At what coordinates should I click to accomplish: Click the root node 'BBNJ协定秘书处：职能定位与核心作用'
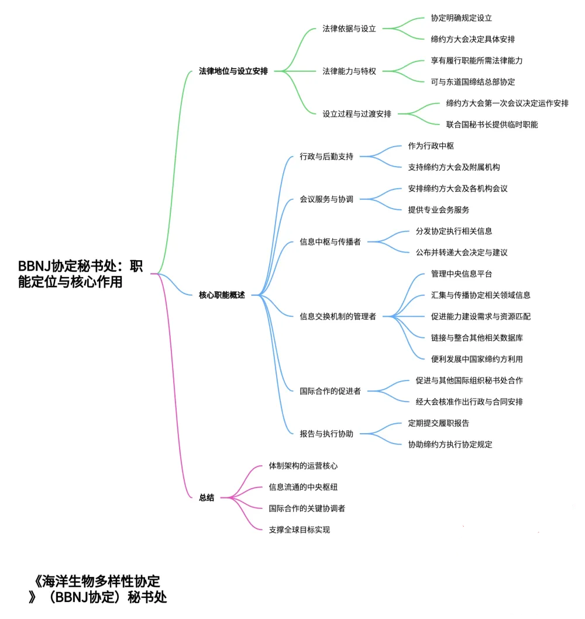[80, 274]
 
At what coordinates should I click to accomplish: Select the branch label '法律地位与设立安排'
[233, 71]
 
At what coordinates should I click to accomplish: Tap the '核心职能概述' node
[222, 295]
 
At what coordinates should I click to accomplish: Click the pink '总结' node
[207, 498]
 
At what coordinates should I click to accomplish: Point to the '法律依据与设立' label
[349, 29]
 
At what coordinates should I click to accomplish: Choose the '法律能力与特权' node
[349, 71]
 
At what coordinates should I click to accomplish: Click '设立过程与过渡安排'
[357, 114]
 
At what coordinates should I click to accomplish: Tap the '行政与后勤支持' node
[326, 157]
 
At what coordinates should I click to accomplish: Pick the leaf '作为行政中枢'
[431, 146]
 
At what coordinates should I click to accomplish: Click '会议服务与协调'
[326, 199]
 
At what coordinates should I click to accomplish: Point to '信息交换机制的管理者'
[338, 317]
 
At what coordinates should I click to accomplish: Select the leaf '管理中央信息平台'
[462, 274]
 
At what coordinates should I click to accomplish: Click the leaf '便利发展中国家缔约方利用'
[477, 359]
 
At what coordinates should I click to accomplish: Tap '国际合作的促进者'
[330, 391]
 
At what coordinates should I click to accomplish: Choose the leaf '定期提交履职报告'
[438, 423]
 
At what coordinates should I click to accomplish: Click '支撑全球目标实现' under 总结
[299, 530]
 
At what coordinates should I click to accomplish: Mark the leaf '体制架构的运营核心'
[303, 466]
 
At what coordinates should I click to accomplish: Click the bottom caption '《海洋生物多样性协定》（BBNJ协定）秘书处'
[97, 590]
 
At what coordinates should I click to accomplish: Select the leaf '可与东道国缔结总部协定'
[473, 82]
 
